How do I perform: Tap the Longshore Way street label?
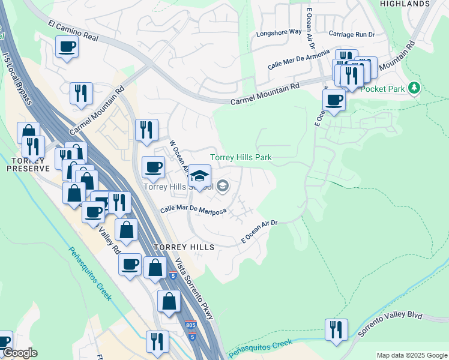click(x=279, y=32)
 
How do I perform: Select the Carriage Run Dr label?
click(x=351, y=35)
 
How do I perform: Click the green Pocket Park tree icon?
click(x=413, y=88)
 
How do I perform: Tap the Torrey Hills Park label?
click(x=241, y=158)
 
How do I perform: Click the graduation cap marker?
click(x=200, y=176)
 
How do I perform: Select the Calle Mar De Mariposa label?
click(x=193, y=211)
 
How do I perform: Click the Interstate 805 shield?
click(x=190, y=323)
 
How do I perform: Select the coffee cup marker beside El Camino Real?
click(x=67, y=46)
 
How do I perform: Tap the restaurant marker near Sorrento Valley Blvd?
click(x=336, y=329)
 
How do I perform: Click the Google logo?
click(x=19, y=353)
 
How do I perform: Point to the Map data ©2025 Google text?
click(x=411, y=355)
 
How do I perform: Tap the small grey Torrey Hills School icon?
click(x=223, y=187)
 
